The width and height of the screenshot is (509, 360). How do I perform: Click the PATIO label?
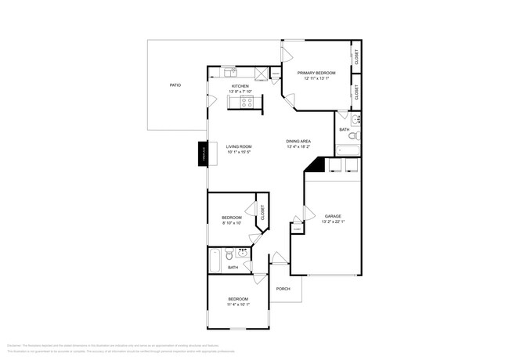point(175,85)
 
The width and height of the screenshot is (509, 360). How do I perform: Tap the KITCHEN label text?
point(240,86)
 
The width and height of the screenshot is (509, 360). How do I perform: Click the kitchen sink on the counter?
point(228,73)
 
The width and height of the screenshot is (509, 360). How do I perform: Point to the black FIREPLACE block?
point(201,154)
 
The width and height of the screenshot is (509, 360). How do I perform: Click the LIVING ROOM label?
point(239,146)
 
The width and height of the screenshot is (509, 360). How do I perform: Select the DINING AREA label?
point(298,141)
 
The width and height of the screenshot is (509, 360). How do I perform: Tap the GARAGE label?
point(333,216)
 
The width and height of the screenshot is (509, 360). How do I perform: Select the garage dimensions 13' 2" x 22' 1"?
point(333,222)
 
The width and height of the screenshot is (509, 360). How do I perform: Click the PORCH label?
point(283,289)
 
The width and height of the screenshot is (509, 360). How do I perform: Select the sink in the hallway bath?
point(242,253)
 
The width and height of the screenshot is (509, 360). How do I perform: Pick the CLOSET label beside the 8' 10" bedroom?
point(262,212)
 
